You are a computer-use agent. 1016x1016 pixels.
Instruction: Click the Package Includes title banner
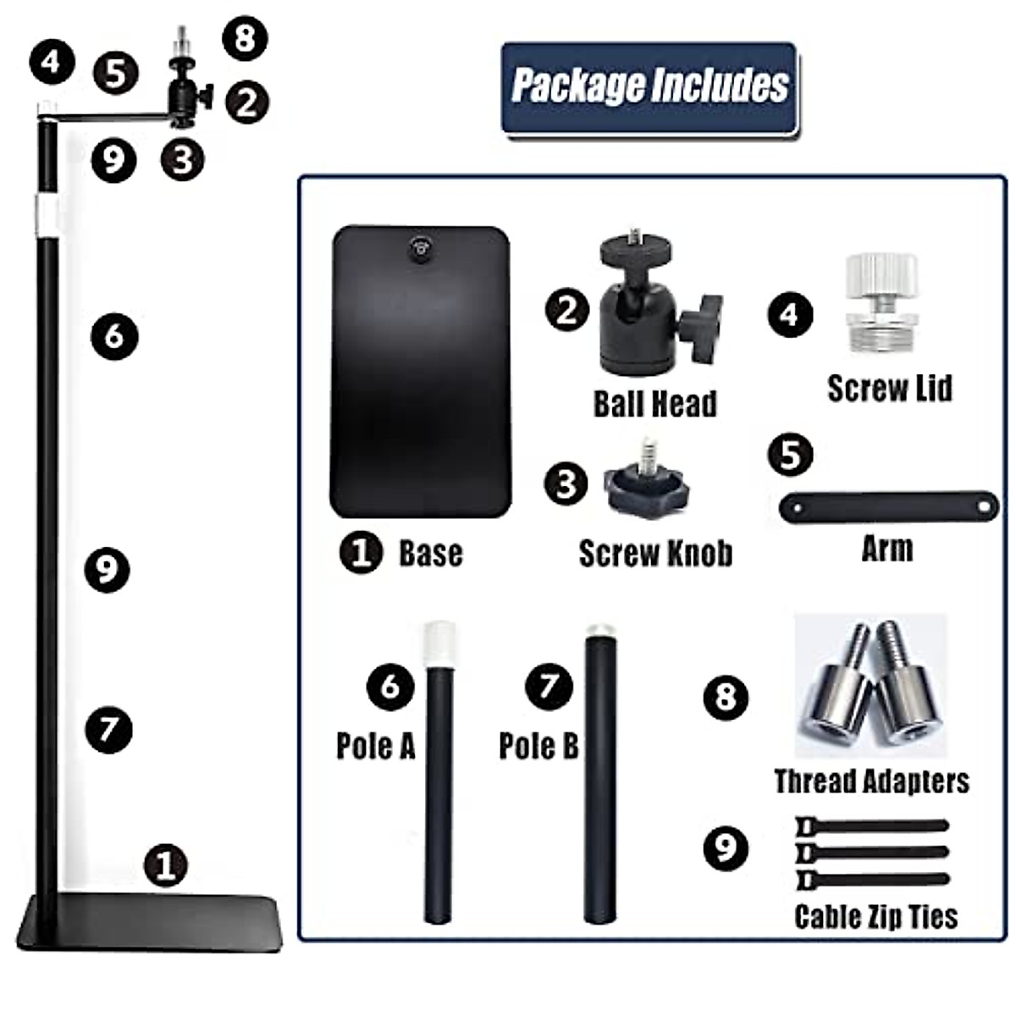(649, 87)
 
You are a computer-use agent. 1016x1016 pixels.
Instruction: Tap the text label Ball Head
(654, 404)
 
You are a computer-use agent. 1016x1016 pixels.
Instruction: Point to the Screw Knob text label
(655, 554)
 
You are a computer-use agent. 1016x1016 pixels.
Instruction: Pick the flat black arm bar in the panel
(888, 505)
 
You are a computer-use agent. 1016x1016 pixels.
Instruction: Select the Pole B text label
(538, 746)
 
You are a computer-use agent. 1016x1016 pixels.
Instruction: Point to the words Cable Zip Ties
(876, 917)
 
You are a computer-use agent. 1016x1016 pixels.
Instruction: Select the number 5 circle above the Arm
(790, 454)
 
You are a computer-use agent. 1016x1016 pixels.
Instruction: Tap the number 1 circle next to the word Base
(361, 554)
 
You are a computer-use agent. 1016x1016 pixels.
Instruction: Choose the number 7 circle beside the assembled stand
(109, 729)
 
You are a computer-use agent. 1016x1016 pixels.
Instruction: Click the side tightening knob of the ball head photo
(702, 323)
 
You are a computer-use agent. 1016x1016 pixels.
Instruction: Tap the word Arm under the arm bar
(886, 549)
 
